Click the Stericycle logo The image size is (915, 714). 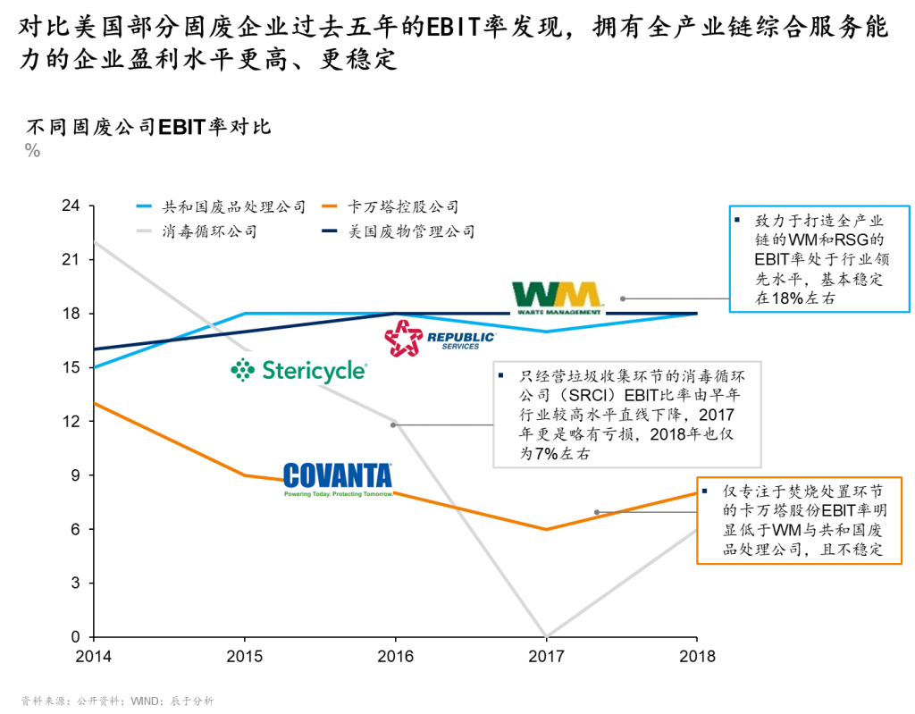pos(298,370)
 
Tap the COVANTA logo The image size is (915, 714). pos(338,479)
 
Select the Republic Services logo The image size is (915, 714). pos(440,338)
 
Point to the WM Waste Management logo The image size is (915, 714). pos(558,298)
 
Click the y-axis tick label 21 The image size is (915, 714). pos(71,259)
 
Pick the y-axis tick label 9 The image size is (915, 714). pos(75,475)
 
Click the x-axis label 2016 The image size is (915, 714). pos(395,656)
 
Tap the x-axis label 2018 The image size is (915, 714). pos(697,656)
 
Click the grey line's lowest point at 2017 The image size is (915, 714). pos(546,635)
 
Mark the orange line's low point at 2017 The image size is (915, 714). pos(546,530)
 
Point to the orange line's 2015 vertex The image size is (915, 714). pos(245,475)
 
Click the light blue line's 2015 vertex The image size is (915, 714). pos(245,314)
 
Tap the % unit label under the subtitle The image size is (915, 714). pos(33,151)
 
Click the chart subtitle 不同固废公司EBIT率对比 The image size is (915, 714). pos(149,127)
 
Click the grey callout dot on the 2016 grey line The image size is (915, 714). pos(393,425)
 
